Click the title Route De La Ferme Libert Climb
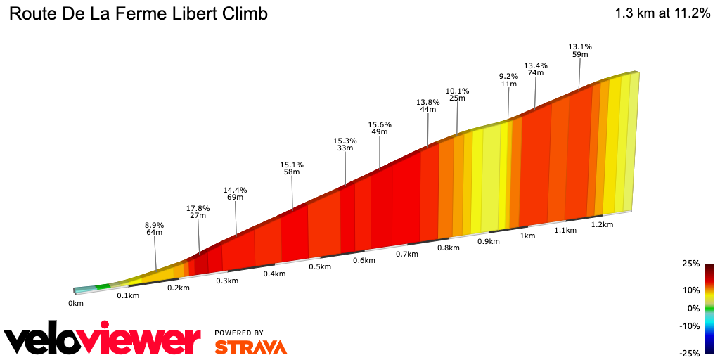(139, 13)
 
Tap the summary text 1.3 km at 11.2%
(662, 13)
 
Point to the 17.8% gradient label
(198, 208)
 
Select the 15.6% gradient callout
(380, 125)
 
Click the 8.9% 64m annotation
(155, 228)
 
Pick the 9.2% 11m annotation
(508, 80)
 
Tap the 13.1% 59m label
(580, 51)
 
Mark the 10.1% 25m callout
(457, 94)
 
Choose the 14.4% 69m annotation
(236, 194)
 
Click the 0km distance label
(76, 304)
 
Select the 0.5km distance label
(319, 267)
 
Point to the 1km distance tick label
(527, 236)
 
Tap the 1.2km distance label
(603, 225)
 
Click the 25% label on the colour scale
(690, 264)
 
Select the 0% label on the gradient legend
(693, 308)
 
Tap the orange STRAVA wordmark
(250, 347)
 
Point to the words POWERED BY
(239, 333)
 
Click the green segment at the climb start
(103, 286)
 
